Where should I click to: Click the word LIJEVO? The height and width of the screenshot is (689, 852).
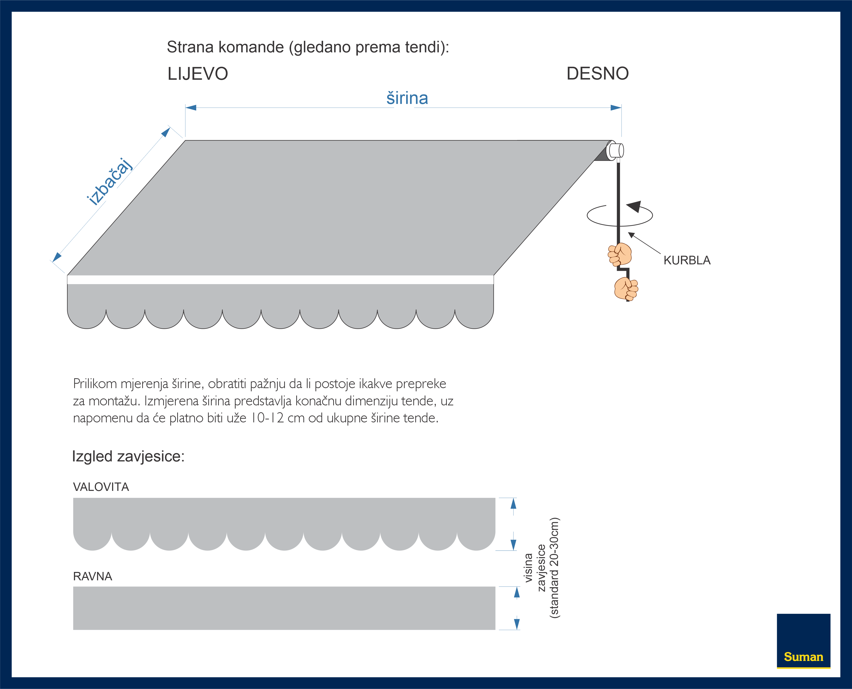click(x=198, y=74)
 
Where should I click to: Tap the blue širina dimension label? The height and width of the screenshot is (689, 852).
click(x=407, y=98)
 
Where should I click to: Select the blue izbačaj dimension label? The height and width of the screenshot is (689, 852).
click(x=109, y=182)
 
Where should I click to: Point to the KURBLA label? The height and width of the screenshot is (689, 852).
click(x=687, y=260)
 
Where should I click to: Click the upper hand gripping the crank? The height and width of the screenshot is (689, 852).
click(x=620, y=254)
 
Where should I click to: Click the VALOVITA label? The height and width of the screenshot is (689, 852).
click(x=101, y=487)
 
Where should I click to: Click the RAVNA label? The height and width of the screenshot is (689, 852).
click(x=92, y=576)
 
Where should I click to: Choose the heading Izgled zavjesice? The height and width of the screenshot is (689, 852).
click(x=128, y=456)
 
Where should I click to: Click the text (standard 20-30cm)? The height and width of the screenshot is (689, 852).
click(x=554, y=568)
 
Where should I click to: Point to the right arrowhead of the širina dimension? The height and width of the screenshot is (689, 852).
click(x=616, y=107)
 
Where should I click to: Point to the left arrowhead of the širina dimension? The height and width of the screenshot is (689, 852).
click(x=191, y=107)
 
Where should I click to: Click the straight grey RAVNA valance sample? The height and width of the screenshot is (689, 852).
click(x=284, y=608)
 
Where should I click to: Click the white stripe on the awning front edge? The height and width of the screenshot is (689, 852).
click(x=280, y=280)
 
